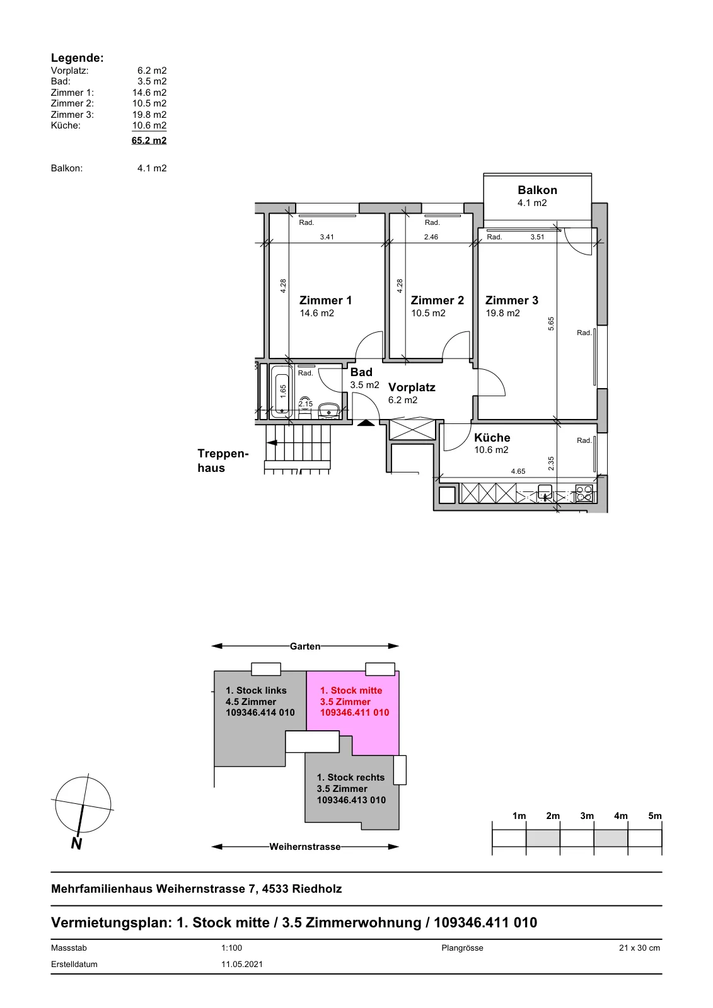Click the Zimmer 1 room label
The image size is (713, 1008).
(x=325, y=300)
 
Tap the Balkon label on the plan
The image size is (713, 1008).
(x=537, y=190)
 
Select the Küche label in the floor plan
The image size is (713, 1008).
(x=492, y=437)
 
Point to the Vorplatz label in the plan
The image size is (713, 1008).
(x=412, y=387)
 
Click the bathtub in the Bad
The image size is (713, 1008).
(x=282, y=391)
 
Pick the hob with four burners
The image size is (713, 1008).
(x=584, y=493)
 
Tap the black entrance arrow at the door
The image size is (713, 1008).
(x=366, y=423)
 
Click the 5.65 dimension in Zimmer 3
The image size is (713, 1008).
(x=551, y=324)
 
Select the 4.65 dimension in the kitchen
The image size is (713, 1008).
(x=518, y=471)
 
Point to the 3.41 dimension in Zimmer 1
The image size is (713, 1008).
(x=327, y=237)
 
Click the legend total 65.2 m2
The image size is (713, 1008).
(x=149, y=140)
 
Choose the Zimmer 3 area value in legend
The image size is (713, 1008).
(x=149, y=114)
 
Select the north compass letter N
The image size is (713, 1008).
(x=76, y=844)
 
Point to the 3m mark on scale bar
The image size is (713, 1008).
(x=587, y=816)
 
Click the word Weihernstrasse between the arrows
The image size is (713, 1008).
(x=305, y=847)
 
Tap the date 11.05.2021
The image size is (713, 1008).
(x=242, y=964)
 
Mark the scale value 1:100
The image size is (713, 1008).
(x=231, y=948)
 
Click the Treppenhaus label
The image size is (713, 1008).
(x=223, y=461)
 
